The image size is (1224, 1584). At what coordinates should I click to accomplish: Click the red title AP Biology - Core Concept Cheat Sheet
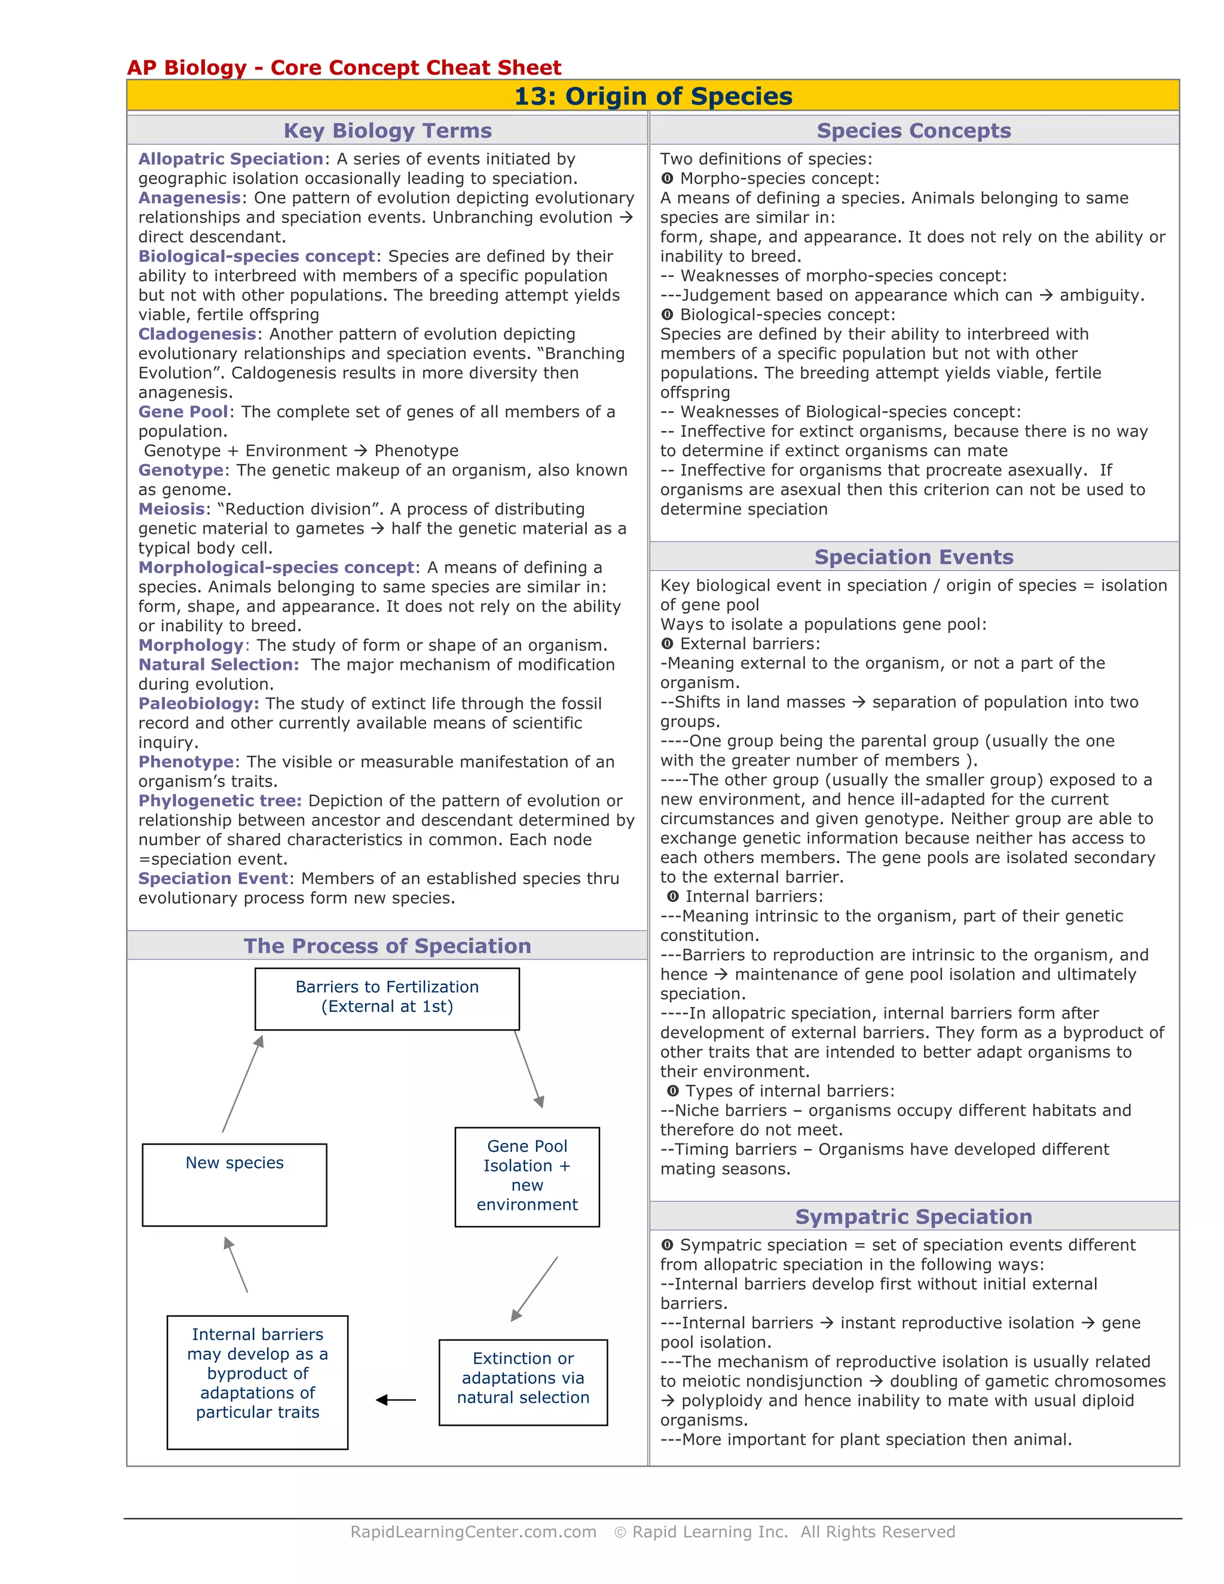(344, 68)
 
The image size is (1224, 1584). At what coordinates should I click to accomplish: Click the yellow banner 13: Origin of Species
(653, 96)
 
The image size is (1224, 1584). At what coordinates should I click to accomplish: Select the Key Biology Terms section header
(387, 130)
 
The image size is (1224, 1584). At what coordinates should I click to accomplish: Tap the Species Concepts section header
(914, 130)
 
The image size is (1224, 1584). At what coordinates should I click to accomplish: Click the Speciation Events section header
(914, 557)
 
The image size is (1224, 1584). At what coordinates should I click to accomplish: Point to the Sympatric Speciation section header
(914, 1216)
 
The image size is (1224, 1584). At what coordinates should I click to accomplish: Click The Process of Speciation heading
(387, 946)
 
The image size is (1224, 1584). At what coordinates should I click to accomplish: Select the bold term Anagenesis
(189, 198)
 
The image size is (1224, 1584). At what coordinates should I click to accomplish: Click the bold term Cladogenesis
(197, 334)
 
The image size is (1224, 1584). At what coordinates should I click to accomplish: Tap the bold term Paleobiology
(197, 704)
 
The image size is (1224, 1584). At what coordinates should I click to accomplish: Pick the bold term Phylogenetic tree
(219, 801)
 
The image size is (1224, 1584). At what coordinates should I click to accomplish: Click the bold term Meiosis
(171, 509)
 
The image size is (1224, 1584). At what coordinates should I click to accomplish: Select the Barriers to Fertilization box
(387, 998)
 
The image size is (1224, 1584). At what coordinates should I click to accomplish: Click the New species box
(234, 1184)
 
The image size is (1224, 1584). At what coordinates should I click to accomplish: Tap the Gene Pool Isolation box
(527, 1176)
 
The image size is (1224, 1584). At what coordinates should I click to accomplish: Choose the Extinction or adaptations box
(523, 1381)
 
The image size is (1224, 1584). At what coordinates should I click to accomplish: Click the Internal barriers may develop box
(258, 1381)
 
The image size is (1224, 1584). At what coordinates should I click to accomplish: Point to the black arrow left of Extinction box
(396, 1400)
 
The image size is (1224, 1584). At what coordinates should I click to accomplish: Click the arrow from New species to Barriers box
(243, 1084)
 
